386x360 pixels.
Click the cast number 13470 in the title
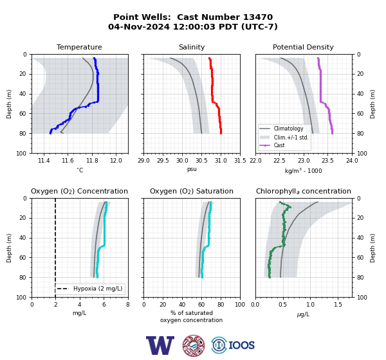[x=258, y=17]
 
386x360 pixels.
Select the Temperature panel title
[x=79, y=47]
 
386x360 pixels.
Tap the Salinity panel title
[x=192, y=47]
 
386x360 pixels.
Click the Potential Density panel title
[x=303, y=47]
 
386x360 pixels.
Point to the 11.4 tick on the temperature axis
[x=44, y=161]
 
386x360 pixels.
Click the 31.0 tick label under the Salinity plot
[x=221, y=161]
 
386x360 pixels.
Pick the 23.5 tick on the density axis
[x=328, y=161]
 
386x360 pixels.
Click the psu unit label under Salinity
[x=192, y=169]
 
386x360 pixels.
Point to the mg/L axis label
[x=79, y=313]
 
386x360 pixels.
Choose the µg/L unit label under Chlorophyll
[x=303, y=314]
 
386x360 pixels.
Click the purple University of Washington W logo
[x=160, y=345]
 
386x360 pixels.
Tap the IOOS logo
[x=233, y=345]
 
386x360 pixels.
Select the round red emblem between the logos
[x=194, y=345]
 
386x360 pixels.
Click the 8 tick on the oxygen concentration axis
[x=128, y=305]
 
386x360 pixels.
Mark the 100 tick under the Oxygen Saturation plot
[x=240, y=305]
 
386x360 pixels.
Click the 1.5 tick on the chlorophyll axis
[x=338, y=305]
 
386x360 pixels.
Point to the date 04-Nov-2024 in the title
[x=139, y=26]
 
